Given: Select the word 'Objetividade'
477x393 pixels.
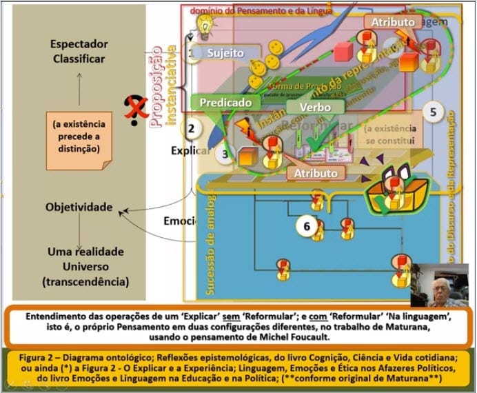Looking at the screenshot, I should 79,206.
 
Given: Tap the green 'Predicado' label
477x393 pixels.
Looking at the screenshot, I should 225,103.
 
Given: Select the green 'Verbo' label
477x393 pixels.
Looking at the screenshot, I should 316,107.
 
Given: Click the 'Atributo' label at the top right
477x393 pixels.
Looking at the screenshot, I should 393,22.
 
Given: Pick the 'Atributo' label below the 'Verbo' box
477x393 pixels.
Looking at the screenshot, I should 315,173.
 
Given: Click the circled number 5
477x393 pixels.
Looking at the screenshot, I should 433,112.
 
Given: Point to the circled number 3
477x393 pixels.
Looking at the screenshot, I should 224,154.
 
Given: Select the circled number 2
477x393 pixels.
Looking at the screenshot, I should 192,127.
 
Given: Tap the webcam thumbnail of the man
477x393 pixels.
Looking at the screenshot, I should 440,283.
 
